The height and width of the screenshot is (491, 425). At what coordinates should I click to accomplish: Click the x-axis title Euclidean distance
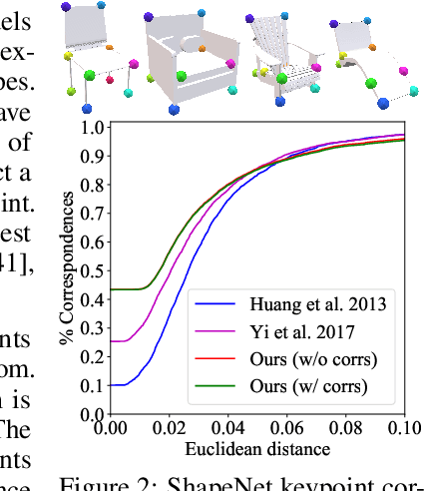tap(256, 451)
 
